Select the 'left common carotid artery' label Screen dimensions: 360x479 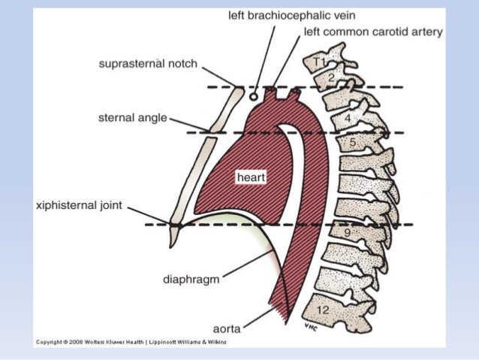coord(373,32)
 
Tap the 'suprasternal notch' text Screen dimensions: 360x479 coord(148,64)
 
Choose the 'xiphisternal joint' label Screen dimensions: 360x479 coord(79,204)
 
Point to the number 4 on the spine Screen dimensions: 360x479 coord(348,119)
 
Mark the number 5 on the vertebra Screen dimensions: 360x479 coord(351,141)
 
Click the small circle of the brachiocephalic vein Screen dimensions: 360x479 coord(254,96)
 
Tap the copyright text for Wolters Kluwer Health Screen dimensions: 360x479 coord(131,342)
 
